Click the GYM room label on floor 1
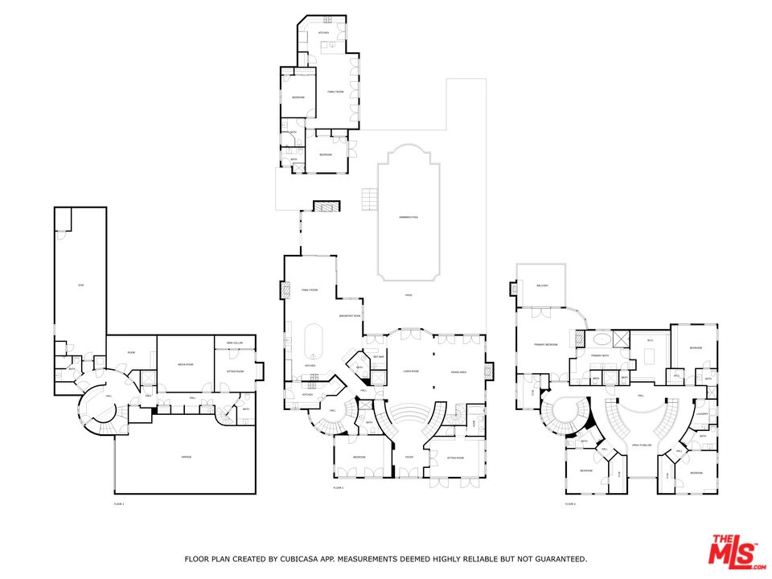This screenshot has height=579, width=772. tap(80, 285)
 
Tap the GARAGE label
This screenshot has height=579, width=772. tap(186, 457)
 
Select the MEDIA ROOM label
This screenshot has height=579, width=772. tap(186, 365)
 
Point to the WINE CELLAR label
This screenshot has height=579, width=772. tap(235, 343)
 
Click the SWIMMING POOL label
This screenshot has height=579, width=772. tap(409, 218)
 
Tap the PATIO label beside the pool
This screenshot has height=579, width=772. tap(409, 296)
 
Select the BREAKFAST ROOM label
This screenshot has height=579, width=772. tap(348, 315)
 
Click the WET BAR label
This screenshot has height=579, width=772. tap(379, 356)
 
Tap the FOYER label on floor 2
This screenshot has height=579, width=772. tap(409, 457)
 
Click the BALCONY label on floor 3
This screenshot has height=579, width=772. tap(541, 285)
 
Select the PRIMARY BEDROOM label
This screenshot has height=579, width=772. tap(546, 344)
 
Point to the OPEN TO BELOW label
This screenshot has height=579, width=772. tap(641, 444)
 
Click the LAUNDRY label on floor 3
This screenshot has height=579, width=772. tap(702, 414)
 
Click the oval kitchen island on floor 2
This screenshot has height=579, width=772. tap(314, 342)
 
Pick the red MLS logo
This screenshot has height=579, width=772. tap(733, 552)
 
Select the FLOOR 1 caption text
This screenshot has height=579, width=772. tap(119, 503)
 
